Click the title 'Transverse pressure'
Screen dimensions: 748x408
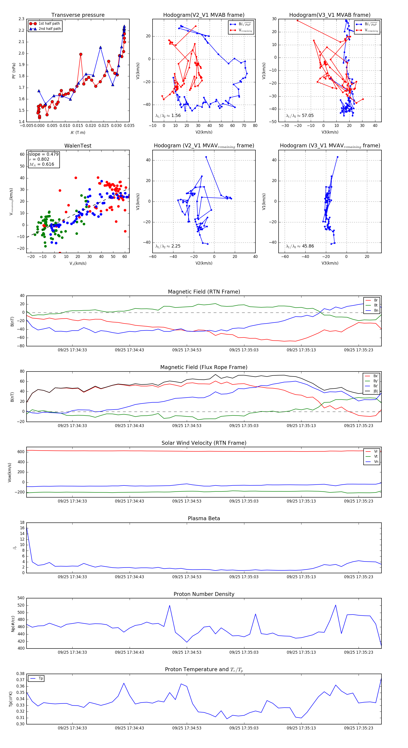click(78, 15)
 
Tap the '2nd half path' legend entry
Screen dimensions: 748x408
click(50, 29)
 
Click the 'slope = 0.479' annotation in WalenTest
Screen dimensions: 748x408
click(44, 154)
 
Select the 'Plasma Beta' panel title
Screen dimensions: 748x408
click(204, 518)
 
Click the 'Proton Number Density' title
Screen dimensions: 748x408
click(204, 594)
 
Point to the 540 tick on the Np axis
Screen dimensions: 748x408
click(21, 598)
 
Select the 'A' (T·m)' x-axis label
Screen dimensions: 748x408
click(78, 132)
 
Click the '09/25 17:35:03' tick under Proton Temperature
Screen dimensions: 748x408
click(244, 728)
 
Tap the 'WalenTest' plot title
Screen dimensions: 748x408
click(78, 146)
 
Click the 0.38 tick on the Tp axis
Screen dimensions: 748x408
click(20, 674)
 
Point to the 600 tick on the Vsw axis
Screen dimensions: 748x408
click(21, 452)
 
